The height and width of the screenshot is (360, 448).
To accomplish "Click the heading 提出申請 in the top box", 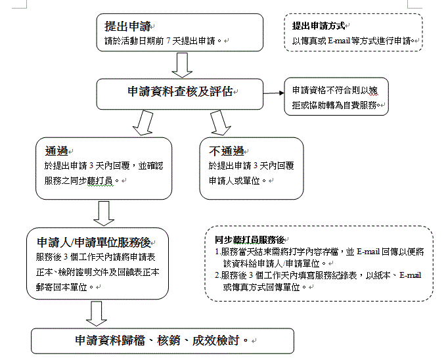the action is (127, 26).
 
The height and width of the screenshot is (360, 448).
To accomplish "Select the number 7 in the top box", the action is (168, 41).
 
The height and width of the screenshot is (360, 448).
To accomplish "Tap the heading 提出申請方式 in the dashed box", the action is (319, 26).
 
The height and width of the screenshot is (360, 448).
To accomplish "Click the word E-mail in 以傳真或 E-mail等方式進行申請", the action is (339, 41).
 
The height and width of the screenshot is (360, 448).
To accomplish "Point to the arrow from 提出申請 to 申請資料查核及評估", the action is (182, 65).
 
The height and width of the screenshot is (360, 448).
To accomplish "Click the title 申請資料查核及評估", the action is (180, 91).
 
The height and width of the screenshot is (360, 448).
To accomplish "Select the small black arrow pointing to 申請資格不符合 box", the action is (274, 93).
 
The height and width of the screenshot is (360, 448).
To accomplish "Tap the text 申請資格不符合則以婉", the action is (334, 91).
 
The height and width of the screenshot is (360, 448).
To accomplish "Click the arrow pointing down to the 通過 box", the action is (143, 123).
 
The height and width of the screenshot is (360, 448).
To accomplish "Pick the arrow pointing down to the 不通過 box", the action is (220, 123).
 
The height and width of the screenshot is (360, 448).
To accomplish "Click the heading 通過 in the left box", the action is (56, 151).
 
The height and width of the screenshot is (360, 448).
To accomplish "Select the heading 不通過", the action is (226, 151).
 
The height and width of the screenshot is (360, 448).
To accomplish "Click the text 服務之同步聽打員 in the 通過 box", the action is (79, 181).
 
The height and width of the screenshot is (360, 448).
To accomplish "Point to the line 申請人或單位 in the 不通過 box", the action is (234, 181).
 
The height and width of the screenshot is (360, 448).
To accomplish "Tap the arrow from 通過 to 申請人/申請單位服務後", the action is (104, 214).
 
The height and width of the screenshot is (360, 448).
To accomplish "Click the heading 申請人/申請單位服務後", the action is (94, 242).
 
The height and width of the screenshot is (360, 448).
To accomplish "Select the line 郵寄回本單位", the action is (62, 287).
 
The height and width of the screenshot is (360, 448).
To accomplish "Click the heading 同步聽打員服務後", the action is (250, 240).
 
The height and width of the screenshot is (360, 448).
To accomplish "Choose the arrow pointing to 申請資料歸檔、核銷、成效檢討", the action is (97, 314).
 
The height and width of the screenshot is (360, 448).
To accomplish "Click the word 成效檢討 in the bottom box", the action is (215, 340).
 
